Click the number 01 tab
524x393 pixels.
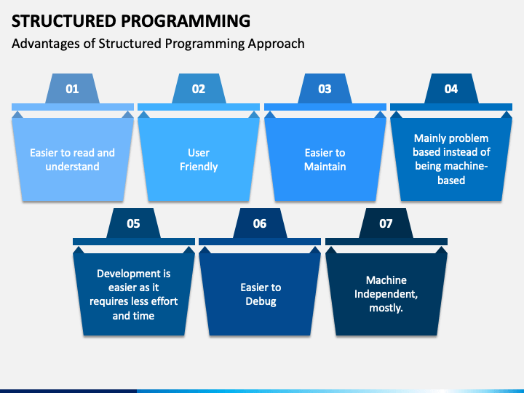[x=72, y=89]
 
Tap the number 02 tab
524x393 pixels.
[x=199, y=89]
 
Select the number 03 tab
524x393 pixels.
[x=325, y=89]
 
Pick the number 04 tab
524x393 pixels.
[x=451, y=89]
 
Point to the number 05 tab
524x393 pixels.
[x=133, y=223]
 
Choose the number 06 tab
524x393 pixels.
[x=260, y=223]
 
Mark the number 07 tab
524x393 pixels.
[x=386, y=223]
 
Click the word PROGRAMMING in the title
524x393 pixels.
[x=186, y=21]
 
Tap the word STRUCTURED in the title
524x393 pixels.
[x=63, y=21]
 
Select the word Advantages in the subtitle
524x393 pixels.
[x=46, y=44]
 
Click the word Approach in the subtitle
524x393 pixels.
[x=276, y=44]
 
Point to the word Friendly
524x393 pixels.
[x=199, y=167]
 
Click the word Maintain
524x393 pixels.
[x=325, y=167]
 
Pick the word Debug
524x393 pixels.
[x=261, y=301]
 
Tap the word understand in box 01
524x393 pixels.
[x=72, y=167]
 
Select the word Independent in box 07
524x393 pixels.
[x=386, y=294]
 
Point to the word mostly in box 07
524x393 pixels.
[x=386, y=308]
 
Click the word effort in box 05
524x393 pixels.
[x=165, y=301]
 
